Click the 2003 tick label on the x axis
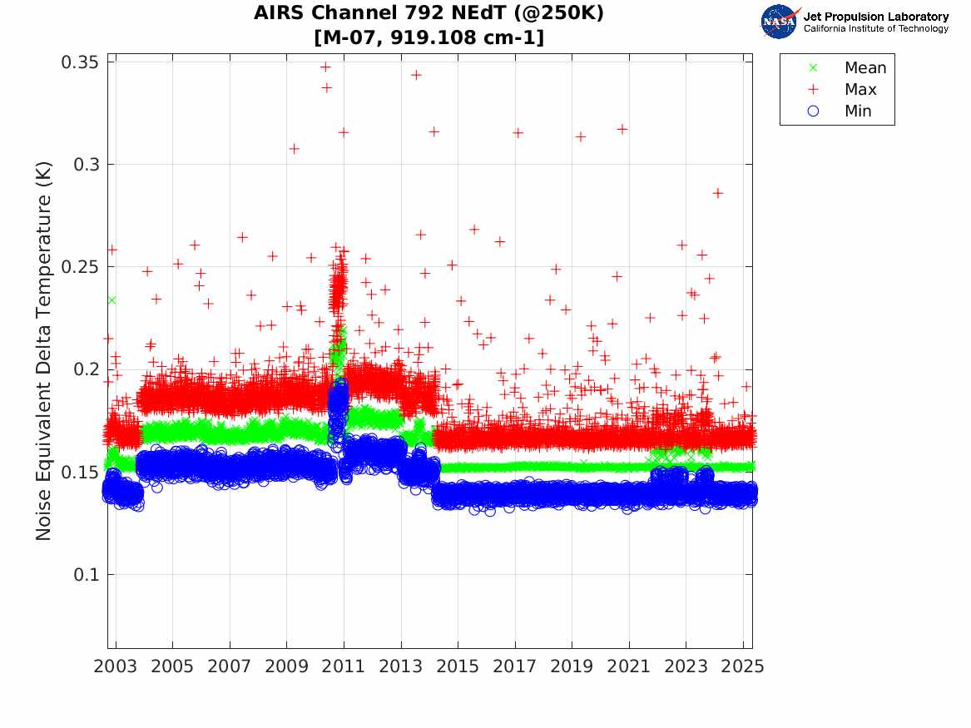point(116,666)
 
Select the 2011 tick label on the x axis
point(344,666)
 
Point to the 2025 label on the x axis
point(743,666)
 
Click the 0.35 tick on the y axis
point(81,62)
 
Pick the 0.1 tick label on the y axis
point(87,575)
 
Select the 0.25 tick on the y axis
point(81,267)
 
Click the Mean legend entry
point(865,68)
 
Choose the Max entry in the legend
point(860,90)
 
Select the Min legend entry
point(858,111)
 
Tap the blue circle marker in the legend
point(814,111)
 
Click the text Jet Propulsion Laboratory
point(875,17)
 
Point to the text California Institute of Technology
point(875,29)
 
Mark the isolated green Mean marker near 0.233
point(111,300)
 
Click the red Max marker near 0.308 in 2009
point(294,149)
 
